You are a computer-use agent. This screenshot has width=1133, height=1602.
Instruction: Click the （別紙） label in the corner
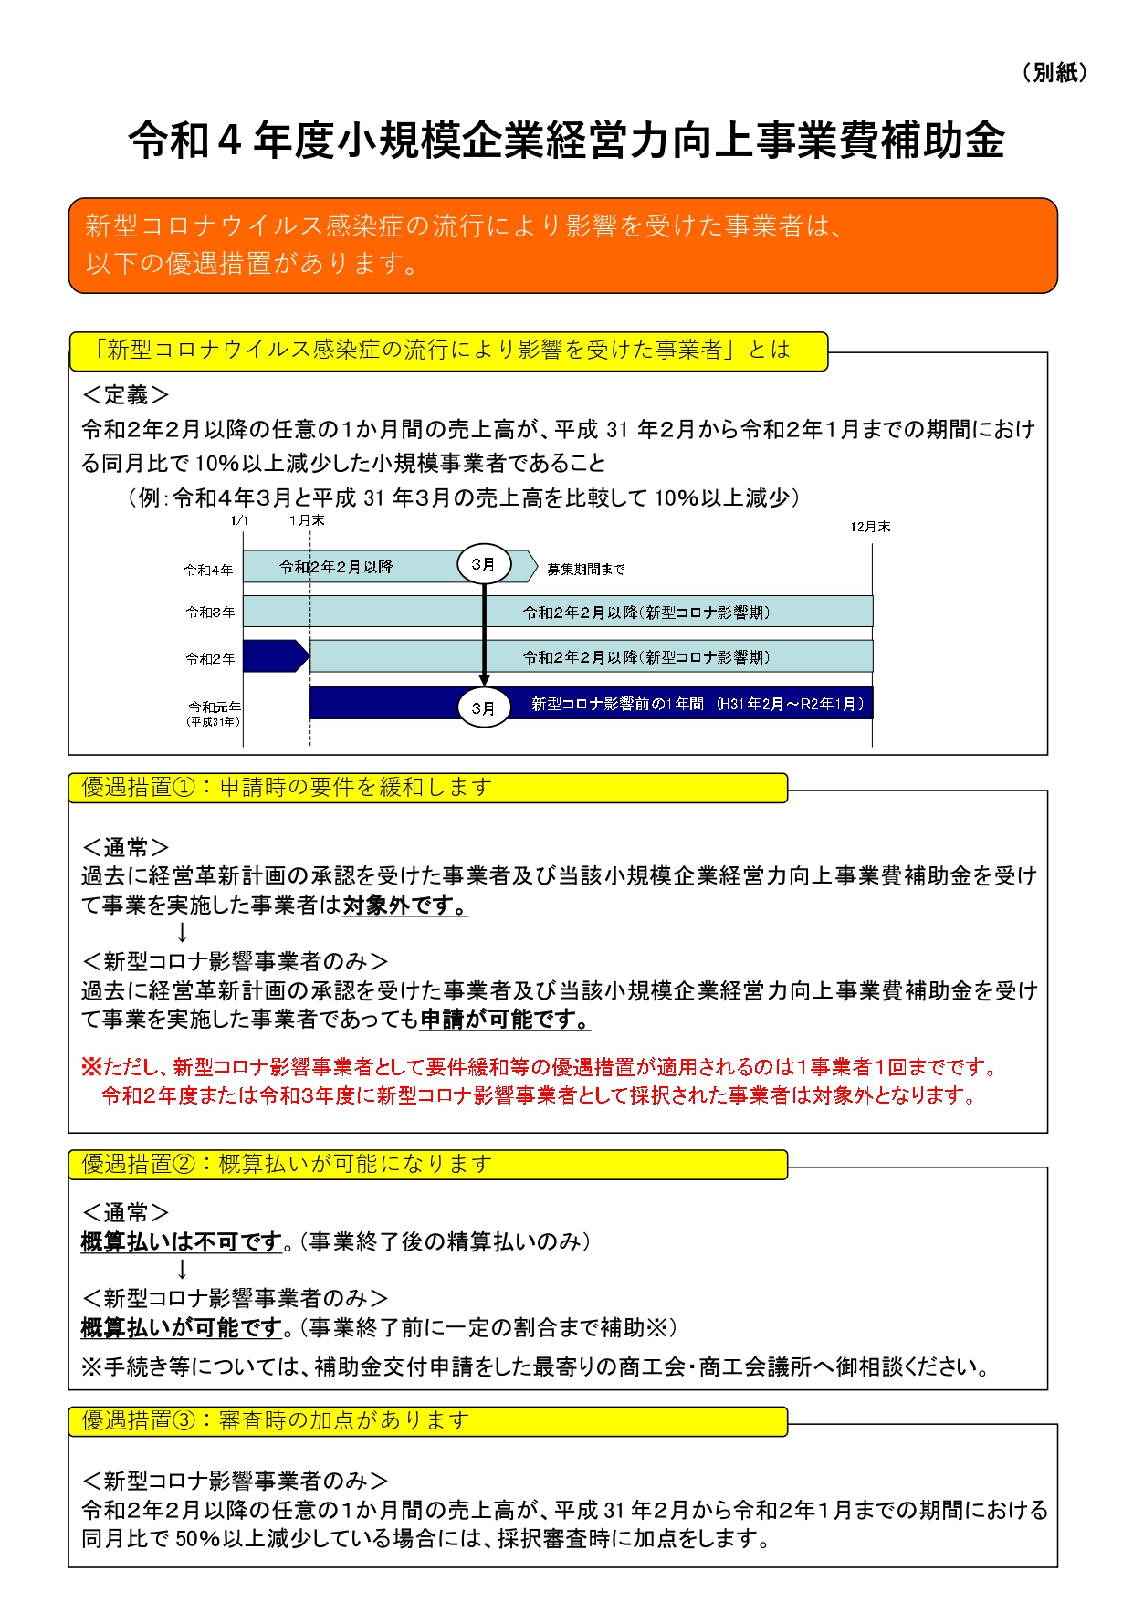(x=1054, y=73)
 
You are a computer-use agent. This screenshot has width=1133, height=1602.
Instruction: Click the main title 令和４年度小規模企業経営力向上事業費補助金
(x=566, y=141)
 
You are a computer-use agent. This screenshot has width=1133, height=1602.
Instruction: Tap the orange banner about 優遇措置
(x=562, y=246)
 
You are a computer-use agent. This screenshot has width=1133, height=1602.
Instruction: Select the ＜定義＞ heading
(x=125, y=395)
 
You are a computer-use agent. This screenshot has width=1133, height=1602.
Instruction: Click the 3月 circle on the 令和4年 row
(x=483, y=565)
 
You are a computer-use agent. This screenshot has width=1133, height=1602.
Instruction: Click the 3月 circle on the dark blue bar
(x=483, y=707)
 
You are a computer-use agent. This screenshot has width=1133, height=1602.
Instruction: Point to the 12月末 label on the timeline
(x=870, y=527)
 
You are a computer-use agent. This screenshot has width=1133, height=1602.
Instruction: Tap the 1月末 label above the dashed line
(x=307, y=520)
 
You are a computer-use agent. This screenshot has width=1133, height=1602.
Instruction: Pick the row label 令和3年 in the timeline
(x=210, y=612)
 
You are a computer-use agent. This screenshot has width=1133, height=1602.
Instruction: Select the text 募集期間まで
(x=586, y=569)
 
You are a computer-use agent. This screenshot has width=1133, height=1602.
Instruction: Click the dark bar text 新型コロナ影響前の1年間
(x=617, y=704)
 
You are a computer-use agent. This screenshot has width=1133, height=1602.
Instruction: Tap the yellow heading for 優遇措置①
(x=427, y=788)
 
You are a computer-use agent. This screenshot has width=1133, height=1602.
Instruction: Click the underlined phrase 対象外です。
(x=405, y=906)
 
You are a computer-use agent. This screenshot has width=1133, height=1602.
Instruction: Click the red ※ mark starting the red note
(x=91, y=1066)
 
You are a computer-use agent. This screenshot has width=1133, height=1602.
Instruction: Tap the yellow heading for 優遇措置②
(x=427, y=1165)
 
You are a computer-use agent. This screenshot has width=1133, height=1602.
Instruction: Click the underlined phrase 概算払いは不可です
(x=182, y=1241)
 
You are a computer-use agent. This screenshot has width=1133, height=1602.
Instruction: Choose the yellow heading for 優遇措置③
(x=427, y=1421)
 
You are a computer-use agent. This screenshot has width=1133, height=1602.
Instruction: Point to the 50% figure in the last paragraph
(x=197, y=1539)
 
